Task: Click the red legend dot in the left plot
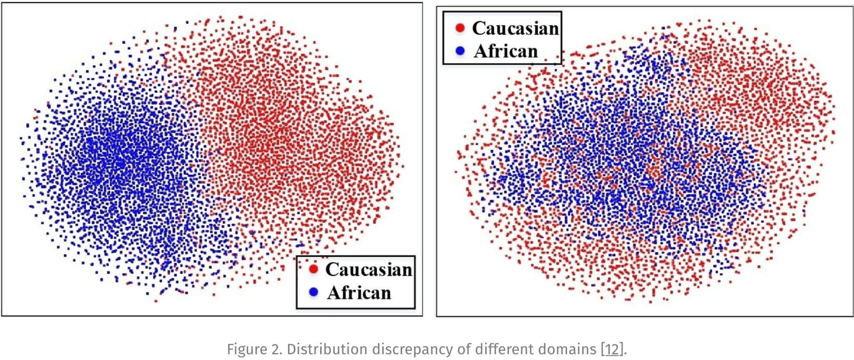click(314, 269)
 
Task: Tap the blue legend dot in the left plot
click(314, 292)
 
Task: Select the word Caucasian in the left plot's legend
click(369, 269)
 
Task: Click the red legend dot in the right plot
click(460, 28)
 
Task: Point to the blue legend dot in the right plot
click(460, 51)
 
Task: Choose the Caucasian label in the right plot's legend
click(515, 28)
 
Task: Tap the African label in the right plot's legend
click(505, 51)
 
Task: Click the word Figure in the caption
click(246, 349)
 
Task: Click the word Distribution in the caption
click(310, 349)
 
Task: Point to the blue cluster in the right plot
click(625, 169)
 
